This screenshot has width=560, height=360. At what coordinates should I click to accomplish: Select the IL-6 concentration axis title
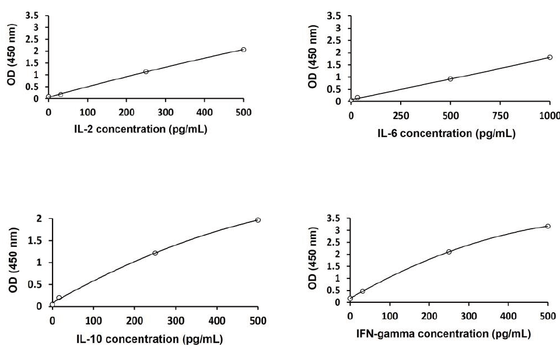tap(446, 134)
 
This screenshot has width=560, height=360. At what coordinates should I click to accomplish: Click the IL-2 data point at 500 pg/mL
tap(243, 50)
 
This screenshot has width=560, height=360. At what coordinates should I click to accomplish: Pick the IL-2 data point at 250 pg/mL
tap(146, 72)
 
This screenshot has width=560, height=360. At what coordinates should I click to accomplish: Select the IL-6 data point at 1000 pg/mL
tap(549, 57)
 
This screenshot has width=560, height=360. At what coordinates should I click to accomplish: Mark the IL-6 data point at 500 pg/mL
tap(450, 79)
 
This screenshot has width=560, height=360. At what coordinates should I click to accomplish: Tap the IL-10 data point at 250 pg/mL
tap(155, 253)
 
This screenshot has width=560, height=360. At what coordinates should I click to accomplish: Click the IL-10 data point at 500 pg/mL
tap(258, 220)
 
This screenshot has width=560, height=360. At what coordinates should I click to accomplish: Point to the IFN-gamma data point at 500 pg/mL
tap(548, 226)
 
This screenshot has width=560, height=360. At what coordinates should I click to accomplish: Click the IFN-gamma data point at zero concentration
tap(350, 298)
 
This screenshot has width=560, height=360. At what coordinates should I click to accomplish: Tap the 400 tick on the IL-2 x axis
tap(204, 112)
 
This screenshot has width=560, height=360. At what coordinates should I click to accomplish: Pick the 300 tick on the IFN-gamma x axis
tap(468, 316)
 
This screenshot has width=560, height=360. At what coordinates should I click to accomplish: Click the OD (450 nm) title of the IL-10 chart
tap(13, 262)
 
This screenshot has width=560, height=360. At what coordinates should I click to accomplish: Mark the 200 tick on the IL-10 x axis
tap(135, 320)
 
